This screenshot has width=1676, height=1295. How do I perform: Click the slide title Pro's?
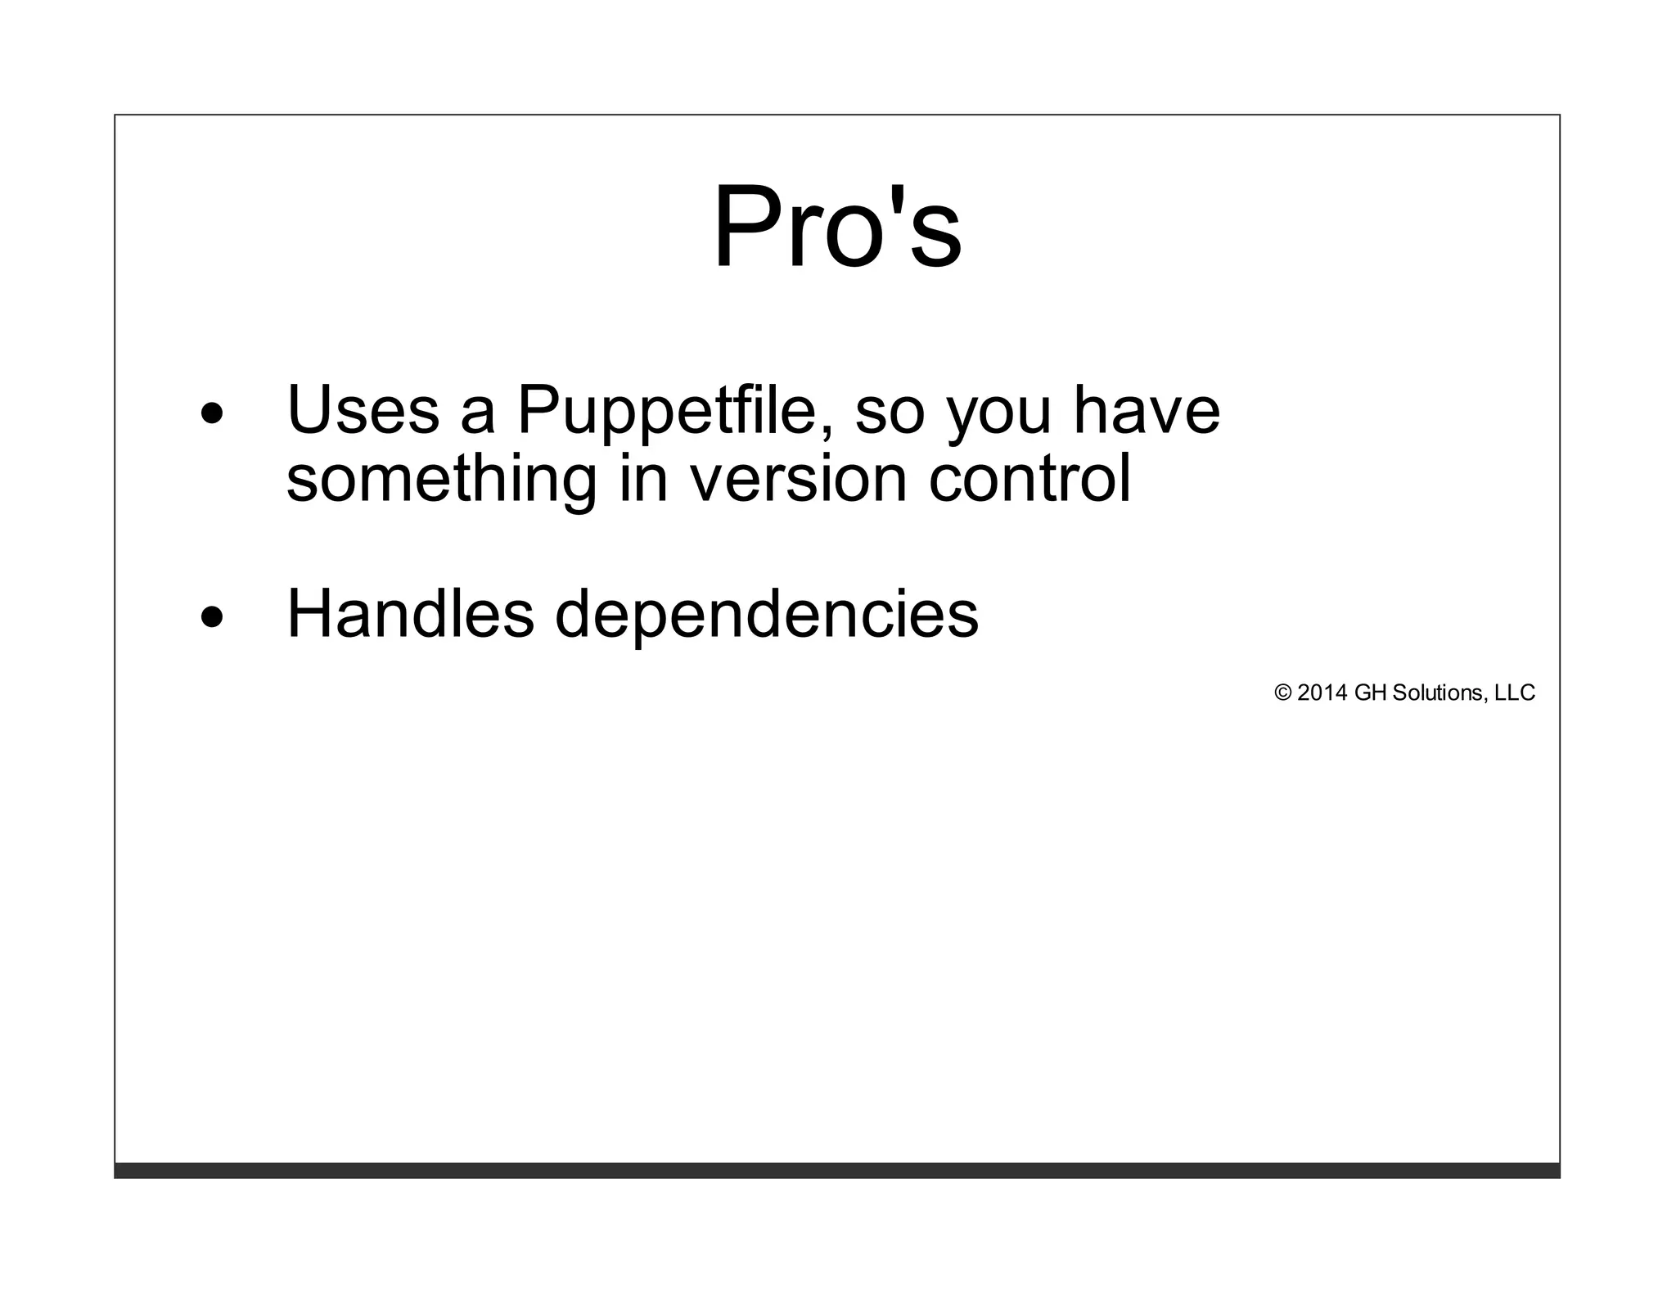pyautogui.click(x=837, y=227)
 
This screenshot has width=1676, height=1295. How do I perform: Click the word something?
pyautogui.click(x=441, y=480)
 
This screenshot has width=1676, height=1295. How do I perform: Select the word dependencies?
pyautogui.click(x=766, y=616)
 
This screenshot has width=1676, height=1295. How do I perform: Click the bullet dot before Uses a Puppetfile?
pyautogui.click(x=212, y=414)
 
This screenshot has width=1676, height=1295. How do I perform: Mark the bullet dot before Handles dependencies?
pyautogui.click(x=212, y=618)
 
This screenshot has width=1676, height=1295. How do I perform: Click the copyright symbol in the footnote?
pyautogui.click(x=1282, y=693)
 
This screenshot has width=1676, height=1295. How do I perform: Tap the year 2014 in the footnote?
pyautogui.click(x=1322, y=693)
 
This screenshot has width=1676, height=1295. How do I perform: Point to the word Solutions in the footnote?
pyautogui.click(x=1437, y=693)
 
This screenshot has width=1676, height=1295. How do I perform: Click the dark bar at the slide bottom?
pyautogui.click(x=837, y=1170)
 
